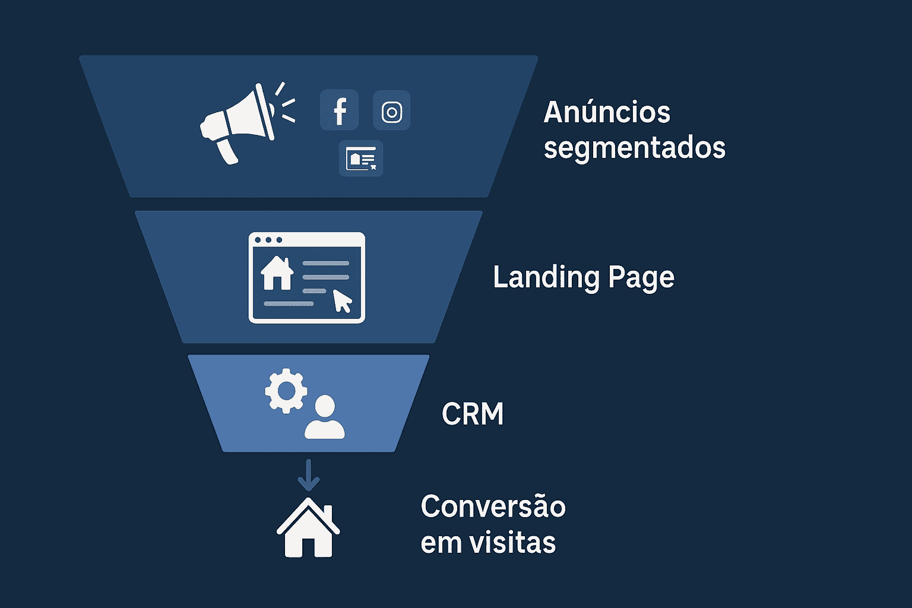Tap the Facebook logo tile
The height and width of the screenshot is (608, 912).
tap(339, 110)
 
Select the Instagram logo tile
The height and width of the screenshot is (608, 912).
tap(392, 111)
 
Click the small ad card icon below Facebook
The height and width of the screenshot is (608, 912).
tap(361, 159)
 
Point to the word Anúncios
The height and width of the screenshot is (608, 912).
tap(607, 112)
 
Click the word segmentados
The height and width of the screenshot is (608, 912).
tap(634, 147)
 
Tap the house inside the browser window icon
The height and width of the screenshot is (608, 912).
tap(277, 273)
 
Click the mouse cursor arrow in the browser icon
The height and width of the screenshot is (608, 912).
tap(342, 300)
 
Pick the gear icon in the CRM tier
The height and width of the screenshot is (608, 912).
tap(286, 391)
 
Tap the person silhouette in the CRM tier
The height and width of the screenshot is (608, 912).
tap(325, 418)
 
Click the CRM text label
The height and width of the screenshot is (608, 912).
tap(473, 414)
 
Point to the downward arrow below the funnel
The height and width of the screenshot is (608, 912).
tap(308, 474)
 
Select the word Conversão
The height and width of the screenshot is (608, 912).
tap(493, 507)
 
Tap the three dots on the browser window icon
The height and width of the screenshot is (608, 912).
tap(268, 240)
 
